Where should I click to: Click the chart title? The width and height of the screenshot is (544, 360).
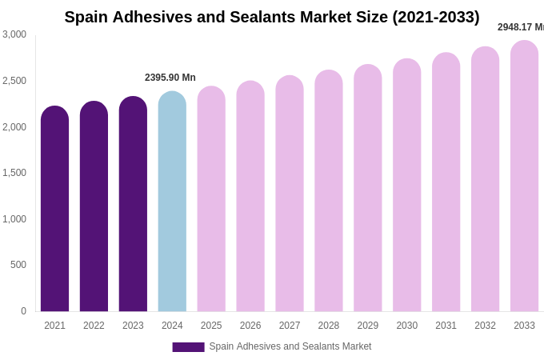click(x=272, y=17)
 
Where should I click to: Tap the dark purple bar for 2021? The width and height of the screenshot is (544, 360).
click(x=54, y=209)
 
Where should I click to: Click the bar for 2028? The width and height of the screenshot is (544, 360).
click(x=329, y=191)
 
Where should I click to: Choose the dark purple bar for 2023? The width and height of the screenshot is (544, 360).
click(x=133, y=204)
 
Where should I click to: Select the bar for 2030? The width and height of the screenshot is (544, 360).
click(x=406, y=186)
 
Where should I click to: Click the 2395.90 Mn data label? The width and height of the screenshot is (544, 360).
click(x=170, y=78)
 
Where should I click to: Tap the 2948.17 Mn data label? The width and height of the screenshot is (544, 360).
click(x=521, y=27)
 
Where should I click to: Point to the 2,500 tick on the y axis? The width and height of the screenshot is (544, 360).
click(x=14, y=81)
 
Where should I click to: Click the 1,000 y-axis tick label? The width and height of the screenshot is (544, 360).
click(x=14, y=219)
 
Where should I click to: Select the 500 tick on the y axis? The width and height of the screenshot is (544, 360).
click(x=18, y=265)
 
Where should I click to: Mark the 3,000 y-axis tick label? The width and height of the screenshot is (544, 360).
click(x=14, y=34)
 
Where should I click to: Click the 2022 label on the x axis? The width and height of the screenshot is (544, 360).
click(x=94, y=326)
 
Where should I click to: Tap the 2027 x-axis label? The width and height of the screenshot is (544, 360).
click(x=290, y=326)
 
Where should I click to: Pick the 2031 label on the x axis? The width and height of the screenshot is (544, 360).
click(x=446, y=326)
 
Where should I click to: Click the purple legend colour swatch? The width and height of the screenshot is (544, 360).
click(x=188, y=347)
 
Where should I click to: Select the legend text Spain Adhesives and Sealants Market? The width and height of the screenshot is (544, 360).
click(x=290, y=346)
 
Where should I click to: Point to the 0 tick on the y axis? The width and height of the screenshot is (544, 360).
click(x=23, y=311)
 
